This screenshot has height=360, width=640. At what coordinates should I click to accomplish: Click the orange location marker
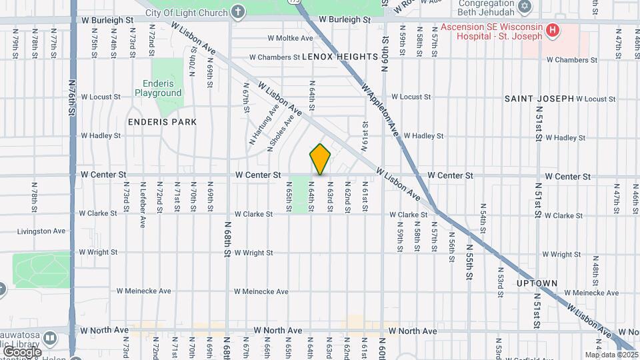point(320,159)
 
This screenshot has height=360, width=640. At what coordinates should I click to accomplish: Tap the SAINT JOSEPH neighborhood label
point(539,99)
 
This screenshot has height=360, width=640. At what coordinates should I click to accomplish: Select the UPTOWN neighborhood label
point(537,283)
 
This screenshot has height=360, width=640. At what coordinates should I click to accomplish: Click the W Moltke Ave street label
point(290,39)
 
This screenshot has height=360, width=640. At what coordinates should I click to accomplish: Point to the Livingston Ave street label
point(41,231)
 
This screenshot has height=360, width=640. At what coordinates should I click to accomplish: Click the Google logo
point(21,351)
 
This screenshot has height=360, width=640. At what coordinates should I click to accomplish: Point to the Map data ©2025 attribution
point(611,355)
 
